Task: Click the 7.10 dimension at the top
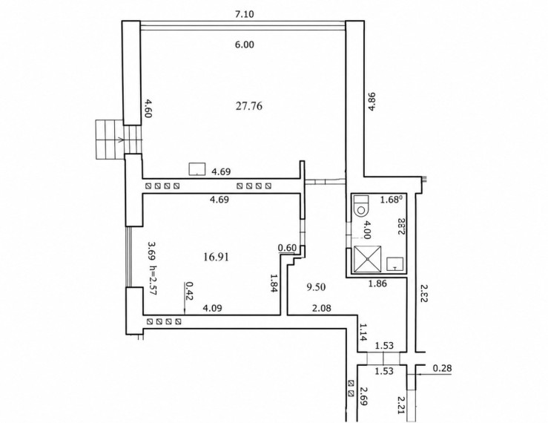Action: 244,15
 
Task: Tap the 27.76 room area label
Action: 249,105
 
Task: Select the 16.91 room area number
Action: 216,258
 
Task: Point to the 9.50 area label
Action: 316,287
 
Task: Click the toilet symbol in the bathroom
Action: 360,206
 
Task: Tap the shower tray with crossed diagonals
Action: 368,259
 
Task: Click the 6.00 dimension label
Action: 244,45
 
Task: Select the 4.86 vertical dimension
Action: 372,101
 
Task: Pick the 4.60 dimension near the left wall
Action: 148,108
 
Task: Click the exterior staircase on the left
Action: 119,140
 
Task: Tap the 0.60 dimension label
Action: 287,248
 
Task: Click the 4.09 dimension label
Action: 213,308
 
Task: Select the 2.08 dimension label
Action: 322,308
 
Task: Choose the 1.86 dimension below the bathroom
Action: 377,283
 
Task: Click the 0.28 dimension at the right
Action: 442,368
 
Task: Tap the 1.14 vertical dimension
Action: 362,332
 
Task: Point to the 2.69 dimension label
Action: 363,396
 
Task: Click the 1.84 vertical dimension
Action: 274,283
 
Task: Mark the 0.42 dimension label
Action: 190,291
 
